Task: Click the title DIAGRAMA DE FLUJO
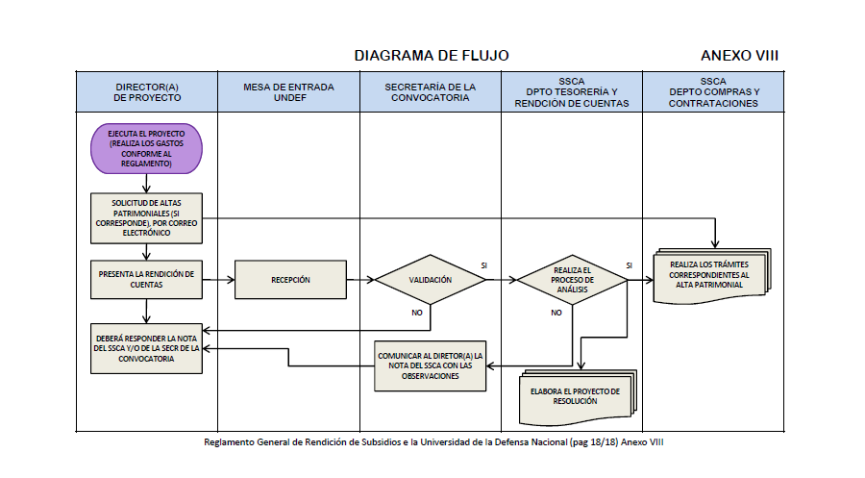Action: pyautogui.click(x=432, y=56)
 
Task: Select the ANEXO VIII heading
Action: pyautogui.click(x=739, y=56)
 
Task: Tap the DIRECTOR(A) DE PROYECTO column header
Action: pyautogui.click(x=146, y=92)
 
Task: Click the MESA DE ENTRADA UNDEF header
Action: pyautogui.click(x=288, y=92)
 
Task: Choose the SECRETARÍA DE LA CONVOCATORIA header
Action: pyautogui.click(x=430, y=92)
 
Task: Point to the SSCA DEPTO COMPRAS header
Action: pyautogui.click(x=713, y=92)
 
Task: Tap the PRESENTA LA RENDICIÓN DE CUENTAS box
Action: pyautogui.click(x=146, y=280)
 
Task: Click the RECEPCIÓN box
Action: pyautogui.click(x=290, y=280)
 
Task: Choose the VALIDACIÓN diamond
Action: pyautogui.click(x=430, y=280)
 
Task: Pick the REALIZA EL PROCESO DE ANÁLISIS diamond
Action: pyautogui.click(x=572, y=280)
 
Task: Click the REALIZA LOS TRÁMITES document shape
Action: pyautogui.click(x=712, y=276)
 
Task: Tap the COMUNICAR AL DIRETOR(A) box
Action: pyautogui.click(x=430, y=365)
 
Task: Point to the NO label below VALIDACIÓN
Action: pyautogui.click(x=415, y=314)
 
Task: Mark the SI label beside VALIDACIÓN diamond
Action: pyautogui.click(x=483, y=264)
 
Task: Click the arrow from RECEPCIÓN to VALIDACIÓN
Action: pyautogui.click(x=360, y=280)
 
